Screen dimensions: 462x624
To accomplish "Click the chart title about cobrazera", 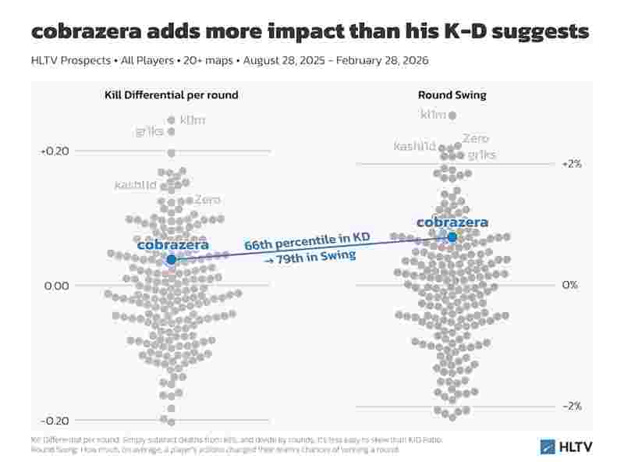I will tap(310, 31).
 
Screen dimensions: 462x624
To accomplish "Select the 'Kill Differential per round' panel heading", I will tap(172, 95).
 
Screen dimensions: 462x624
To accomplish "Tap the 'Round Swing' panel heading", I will tap(452, 95).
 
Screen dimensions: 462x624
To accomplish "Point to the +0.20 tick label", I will tap(55, 151).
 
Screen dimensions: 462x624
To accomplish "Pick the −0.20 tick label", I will tap(55, 421).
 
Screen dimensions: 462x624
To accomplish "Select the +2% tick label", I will tap(572, 164).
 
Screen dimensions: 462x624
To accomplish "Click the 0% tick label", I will tap(570, 285).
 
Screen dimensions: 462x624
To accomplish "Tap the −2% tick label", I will tap(572, 406).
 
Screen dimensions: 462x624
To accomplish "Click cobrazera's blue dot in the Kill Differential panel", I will tap(172, 259).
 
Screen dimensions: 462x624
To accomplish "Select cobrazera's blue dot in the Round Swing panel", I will tap(452, 236).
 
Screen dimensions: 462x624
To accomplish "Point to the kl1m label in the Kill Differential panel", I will tap(192, 120).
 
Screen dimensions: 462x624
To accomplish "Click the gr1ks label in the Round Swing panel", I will tap(481, 155).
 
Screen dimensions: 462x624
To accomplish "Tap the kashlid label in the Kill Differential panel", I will tap(135, 185).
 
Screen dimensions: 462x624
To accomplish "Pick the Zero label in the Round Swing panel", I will tap(476, 139).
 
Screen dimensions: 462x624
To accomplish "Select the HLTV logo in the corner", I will tap(566, 446).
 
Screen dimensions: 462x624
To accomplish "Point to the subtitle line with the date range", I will tap(229, 60).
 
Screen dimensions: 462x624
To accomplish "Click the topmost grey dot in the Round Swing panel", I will tap(452, 115).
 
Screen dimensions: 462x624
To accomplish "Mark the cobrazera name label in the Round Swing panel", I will tap(452, 222).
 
